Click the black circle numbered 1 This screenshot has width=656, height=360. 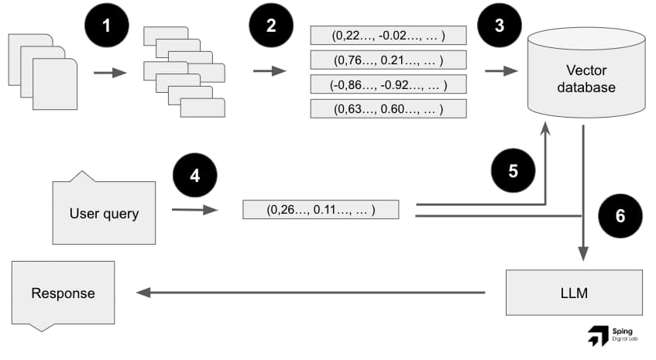107,26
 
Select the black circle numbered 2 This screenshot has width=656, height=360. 270,26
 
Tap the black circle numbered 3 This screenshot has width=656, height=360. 498,26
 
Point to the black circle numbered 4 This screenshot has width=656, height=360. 194,176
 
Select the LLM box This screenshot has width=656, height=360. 574,292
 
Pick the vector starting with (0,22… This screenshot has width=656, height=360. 388,35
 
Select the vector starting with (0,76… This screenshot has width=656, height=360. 388,60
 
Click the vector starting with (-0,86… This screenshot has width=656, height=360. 388,84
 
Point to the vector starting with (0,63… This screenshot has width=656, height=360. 388,108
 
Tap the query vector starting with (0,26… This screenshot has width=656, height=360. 321,209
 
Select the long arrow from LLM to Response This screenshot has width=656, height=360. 310,293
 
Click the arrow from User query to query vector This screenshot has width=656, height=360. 193,209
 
